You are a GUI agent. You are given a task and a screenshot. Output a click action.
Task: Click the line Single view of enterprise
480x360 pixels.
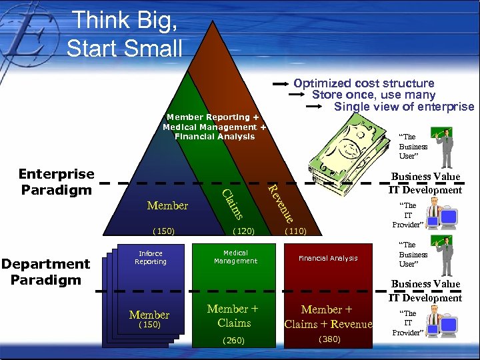click(x=403, y=107)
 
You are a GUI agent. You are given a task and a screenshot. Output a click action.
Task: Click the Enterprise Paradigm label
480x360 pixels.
click(x=57, y=181)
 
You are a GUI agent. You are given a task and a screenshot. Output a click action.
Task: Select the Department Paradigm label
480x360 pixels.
click(x=45, y=271)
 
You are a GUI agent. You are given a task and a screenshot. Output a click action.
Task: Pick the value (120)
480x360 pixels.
click(x=244, y=231)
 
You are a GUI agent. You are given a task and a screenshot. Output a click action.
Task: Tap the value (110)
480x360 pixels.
click(x=295, y=231)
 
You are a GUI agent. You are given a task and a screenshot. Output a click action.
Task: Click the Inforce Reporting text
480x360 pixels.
click(x=150, y=257)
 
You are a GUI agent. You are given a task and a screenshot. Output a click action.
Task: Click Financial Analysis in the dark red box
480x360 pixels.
click(x=328, y=258)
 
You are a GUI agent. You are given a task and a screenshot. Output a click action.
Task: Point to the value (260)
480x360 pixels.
click(x=233, y=340)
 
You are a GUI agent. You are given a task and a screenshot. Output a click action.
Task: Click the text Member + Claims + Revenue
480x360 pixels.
click(x=328, y=317)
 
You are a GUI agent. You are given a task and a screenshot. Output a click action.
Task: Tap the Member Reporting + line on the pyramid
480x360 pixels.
click(x=213, y=117)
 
